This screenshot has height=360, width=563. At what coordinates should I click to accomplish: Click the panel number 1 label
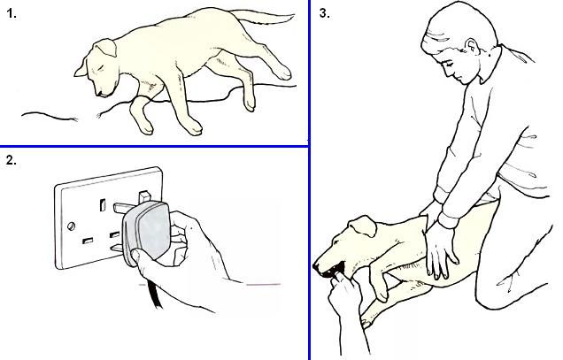(12, 13)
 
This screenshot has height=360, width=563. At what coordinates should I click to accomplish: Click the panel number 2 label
(12, 160)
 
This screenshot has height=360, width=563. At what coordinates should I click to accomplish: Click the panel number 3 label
(325, 13)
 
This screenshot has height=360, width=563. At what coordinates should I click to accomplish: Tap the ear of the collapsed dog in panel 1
(105, 48)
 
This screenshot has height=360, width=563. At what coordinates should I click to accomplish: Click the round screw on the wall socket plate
(71, 226)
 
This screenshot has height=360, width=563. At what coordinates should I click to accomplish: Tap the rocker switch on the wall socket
(103, 204)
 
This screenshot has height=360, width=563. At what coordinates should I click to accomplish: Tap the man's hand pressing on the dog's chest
(441, 251)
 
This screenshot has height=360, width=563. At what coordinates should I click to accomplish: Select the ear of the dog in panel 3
(363, 226)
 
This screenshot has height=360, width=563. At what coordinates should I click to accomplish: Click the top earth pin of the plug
(144, 197)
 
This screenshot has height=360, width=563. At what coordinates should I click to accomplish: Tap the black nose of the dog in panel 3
(316, 267)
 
